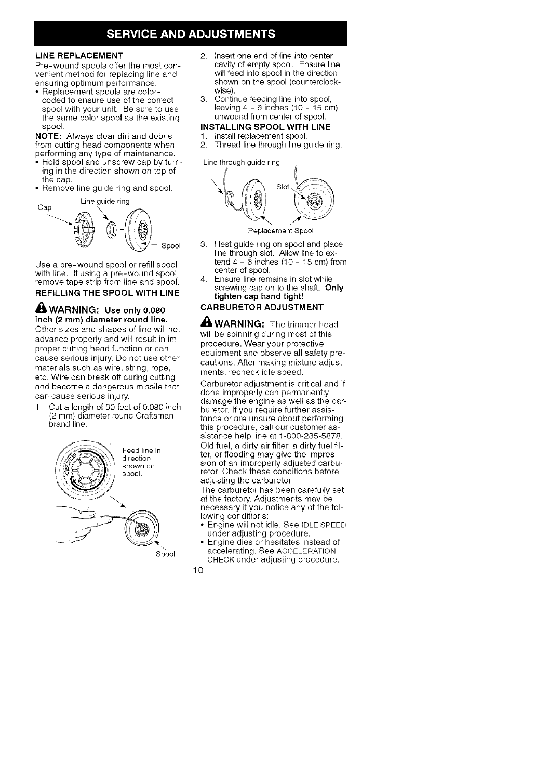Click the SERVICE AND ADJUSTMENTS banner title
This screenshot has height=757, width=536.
click(x=190, y=35)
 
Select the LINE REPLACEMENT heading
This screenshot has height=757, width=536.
click(x=79, y=56)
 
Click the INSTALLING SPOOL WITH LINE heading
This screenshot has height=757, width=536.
click(x=265, y=127)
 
